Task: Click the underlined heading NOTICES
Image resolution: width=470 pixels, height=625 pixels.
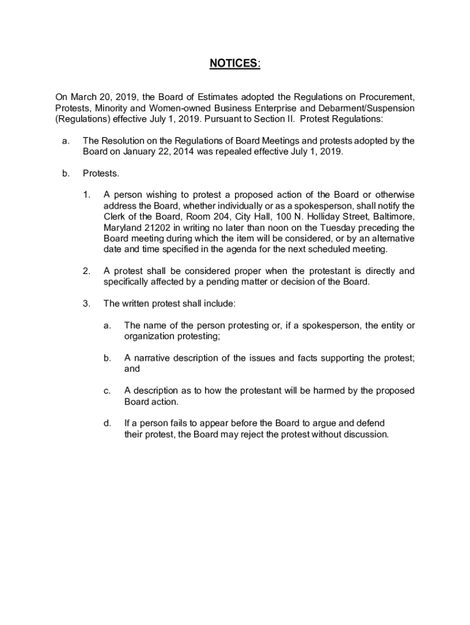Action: (x=234, y=64)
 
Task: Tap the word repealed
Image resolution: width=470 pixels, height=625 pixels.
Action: (x=239, y=152)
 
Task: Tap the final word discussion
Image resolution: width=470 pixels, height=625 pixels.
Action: (x=365, y=435)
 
